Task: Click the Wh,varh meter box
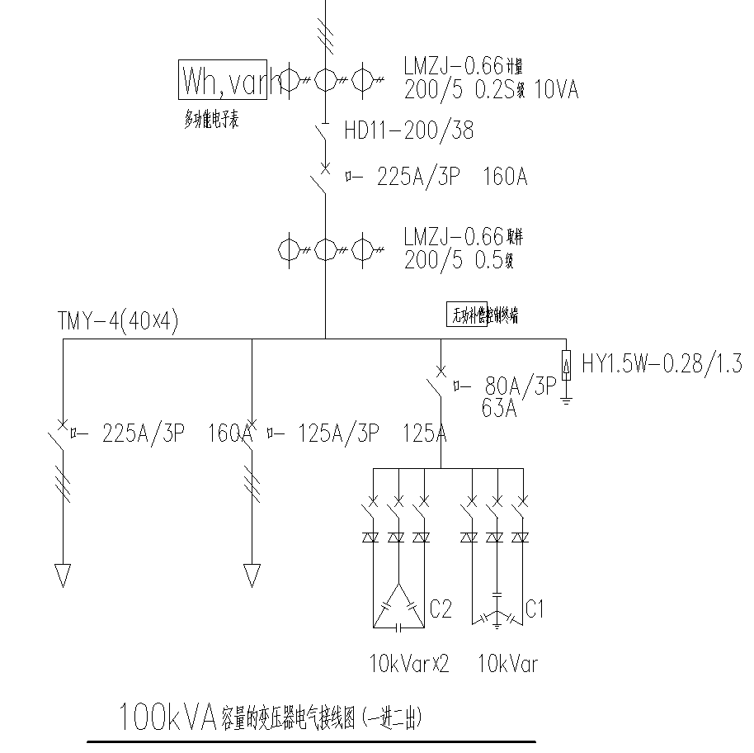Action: coord(223,79)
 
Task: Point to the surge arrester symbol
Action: coord(566,365)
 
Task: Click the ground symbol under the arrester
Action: coord(566,402)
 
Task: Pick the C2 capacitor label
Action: coord(441,609)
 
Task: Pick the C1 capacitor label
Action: coord(535,609)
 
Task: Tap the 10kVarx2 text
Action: coord(409,664)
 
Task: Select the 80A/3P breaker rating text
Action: coord(521,386)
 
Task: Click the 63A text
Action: coord(499,408)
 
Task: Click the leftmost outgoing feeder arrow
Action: coord(63,574)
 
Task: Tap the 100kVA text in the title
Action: coord(167,717)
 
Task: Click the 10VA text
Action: coord(557,90)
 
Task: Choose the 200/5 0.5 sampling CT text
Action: coord(459,261)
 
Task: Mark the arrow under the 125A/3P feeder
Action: coord(252,574)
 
